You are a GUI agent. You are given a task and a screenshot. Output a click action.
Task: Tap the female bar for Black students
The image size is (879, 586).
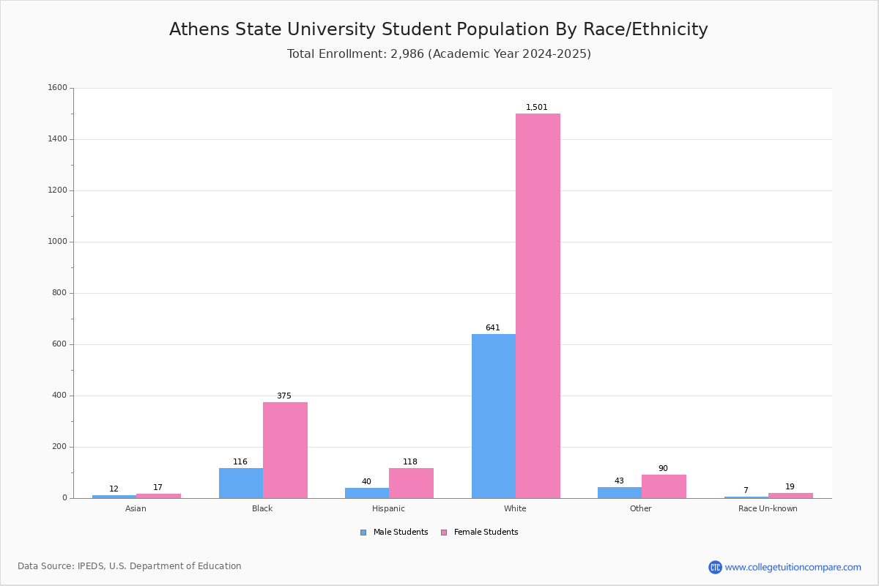click(285, 450)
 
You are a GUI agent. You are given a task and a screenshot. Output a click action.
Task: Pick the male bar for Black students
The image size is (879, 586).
click(241, 483)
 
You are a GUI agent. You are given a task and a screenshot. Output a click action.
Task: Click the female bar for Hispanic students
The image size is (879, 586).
click(411, 483)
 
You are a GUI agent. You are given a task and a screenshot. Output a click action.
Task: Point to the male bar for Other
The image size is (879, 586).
click(620, 492)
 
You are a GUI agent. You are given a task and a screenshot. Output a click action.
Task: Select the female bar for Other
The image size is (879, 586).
click(664, 486)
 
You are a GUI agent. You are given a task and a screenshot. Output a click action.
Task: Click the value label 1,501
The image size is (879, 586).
click(537, 108)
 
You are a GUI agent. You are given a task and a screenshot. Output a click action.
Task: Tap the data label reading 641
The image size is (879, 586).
click(493, 328)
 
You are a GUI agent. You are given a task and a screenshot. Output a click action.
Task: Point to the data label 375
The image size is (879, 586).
click(284, 396)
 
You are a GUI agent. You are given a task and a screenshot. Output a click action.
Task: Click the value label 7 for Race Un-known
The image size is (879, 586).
click(746, 491)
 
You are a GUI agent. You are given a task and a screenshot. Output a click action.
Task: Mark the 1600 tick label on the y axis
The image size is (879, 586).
click(57, 88)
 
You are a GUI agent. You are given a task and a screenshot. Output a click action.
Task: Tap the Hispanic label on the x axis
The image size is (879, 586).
click(388, 509)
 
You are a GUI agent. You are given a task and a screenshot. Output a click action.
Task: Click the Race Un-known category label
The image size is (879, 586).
click(768, 509)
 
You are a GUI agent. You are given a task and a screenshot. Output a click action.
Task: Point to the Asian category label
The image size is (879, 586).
click(136, 509)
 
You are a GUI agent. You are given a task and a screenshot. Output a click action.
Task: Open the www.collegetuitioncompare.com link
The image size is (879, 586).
click(793, 567)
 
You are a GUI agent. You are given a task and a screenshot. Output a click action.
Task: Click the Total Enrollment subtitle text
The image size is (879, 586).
click(439, 54)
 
